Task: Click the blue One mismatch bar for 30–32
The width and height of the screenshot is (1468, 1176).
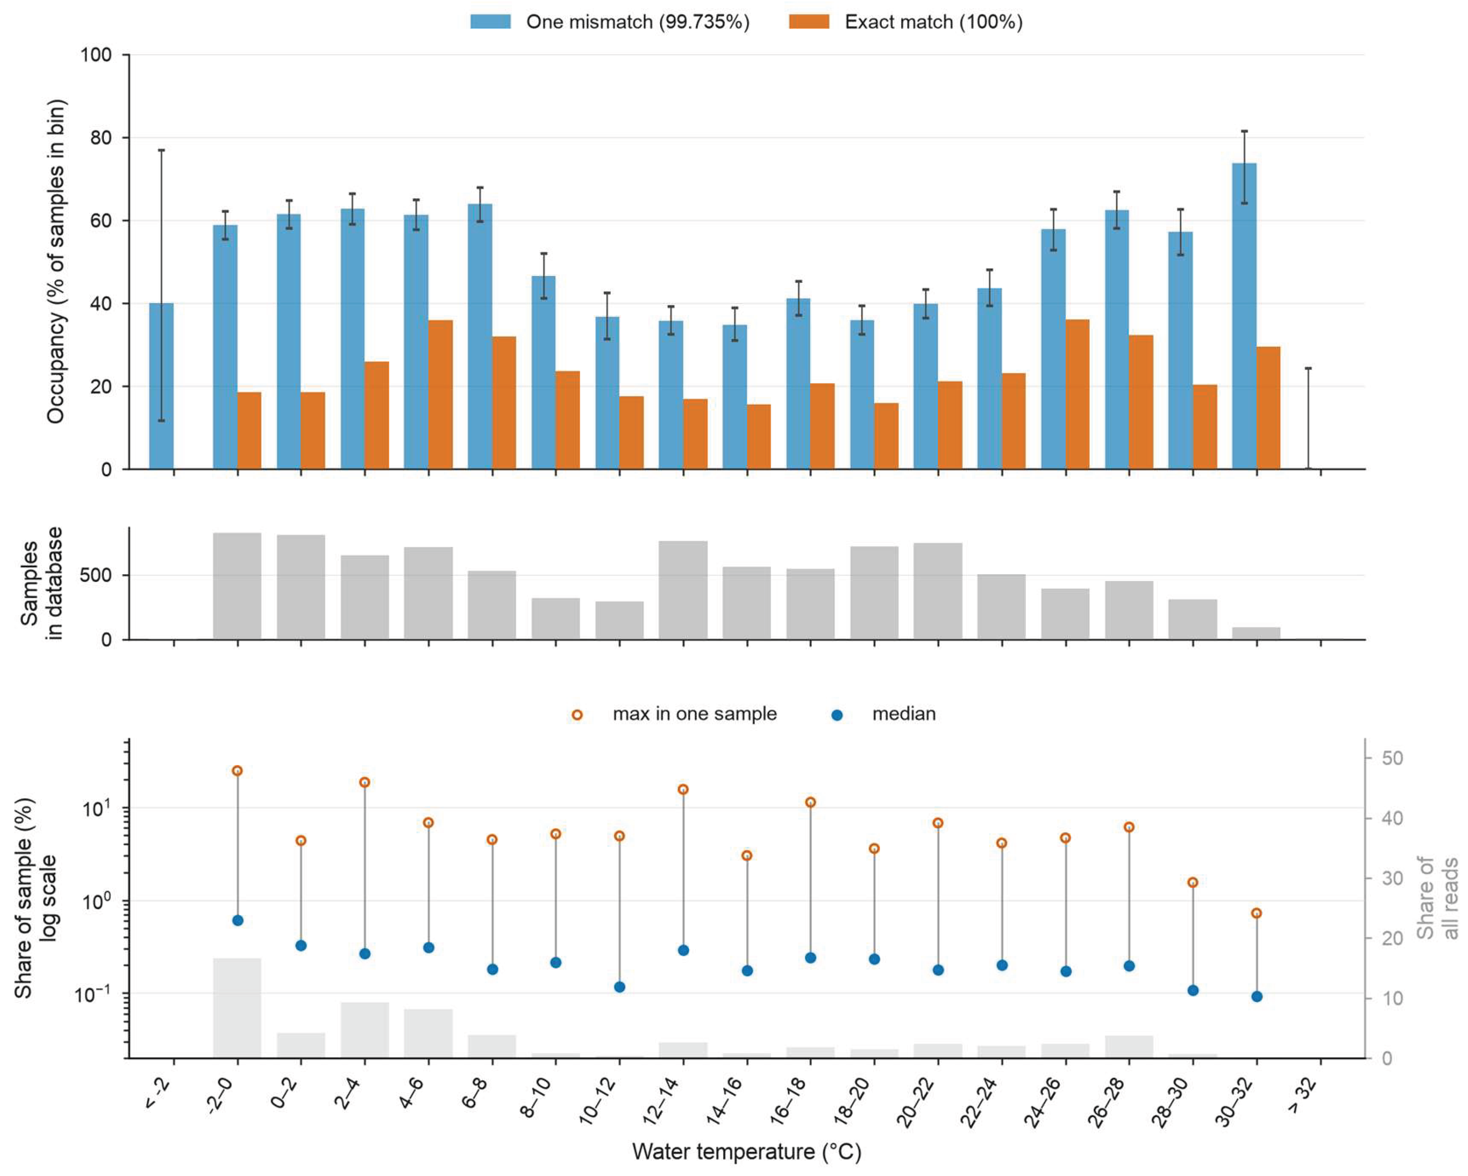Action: [x=1244, y=316]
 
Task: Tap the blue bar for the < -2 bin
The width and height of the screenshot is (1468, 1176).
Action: [x=161, y=386]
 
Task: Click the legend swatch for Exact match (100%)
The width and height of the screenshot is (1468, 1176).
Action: [x=809, y=22]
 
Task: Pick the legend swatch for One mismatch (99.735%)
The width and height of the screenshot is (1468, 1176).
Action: [x=490, y=22]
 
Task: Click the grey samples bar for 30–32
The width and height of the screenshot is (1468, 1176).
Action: [x=1256, y=633]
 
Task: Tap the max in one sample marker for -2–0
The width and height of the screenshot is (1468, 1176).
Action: [x=237, y=771]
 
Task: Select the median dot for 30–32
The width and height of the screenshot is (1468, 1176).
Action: [x=1257, y=996]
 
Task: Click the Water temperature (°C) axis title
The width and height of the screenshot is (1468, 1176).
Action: [x=747, y=1152]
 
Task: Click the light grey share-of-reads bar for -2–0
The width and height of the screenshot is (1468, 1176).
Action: [x=237, y=1008]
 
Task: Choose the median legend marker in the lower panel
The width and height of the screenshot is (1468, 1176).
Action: [x=837, y=715]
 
